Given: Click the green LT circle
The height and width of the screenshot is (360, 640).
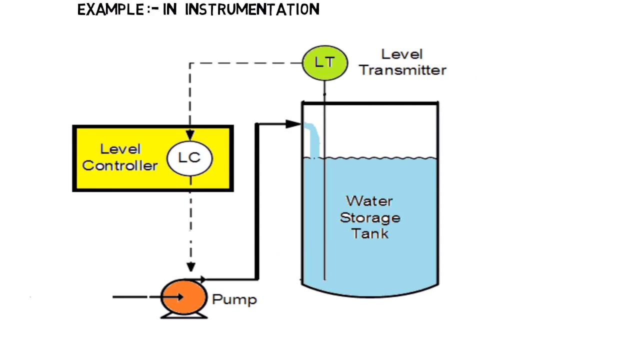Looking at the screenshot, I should point(325,63).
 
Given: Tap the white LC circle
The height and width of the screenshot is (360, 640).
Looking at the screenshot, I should point(189,158).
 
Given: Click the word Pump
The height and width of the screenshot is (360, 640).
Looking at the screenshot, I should point(234,299).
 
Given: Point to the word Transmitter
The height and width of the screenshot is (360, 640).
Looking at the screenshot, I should point(402,70).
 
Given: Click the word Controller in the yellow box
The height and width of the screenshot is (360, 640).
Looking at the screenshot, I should point(120,165).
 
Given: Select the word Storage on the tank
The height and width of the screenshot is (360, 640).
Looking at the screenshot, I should point(370,217).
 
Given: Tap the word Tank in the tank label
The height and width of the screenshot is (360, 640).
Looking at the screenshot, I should point(370,233).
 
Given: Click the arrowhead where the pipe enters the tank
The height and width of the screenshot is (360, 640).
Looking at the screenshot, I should point(293,123).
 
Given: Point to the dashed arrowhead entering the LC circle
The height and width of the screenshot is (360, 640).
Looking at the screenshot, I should point(190,134).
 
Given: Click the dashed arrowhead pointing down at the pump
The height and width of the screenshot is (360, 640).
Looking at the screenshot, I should point(190,267).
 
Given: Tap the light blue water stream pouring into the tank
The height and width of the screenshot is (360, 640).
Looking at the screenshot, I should point(313,140).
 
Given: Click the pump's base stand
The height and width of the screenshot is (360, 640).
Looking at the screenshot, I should point(184,315).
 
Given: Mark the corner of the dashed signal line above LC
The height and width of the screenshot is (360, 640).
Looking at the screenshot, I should point(190,63).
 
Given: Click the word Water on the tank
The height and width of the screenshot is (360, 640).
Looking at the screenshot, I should point(369,201).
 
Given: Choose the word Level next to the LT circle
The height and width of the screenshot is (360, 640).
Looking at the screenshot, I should point(401,54).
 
